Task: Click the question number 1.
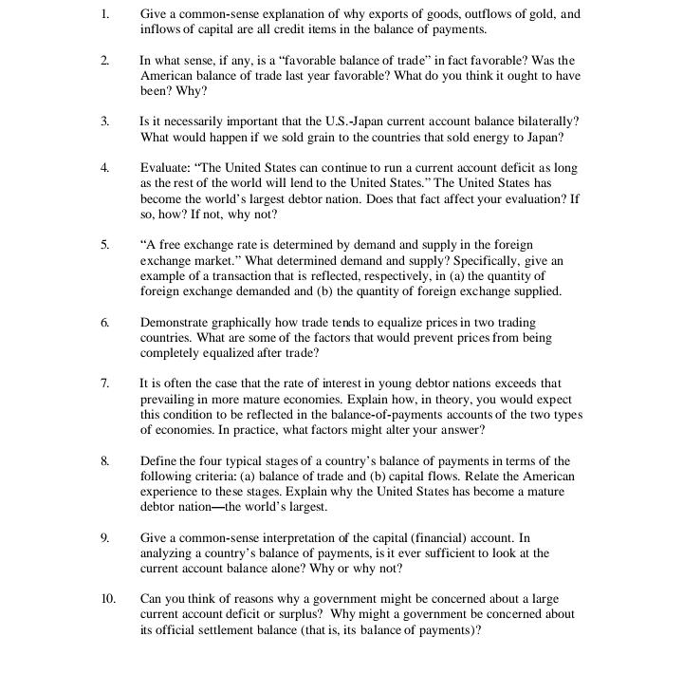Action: pos(104,14)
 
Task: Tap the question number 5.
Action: pos(104,245)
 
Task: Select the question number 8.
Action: pos(104,461)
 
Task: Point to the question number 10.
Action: pos(107,599)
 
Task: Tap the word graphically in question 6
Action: pos(248,323)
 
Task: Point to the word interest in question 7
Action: pos(328,384)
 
